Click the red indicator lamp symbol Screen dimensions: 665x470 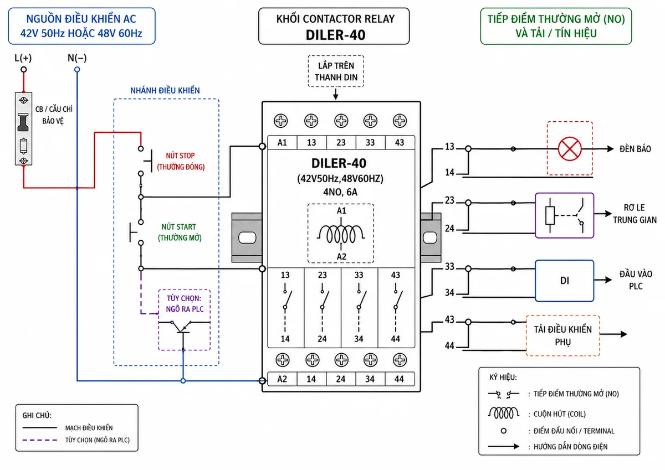pyautogui.click(x=570, y=148)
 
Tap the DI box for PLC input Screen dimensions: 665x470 pyautogui.click(x=564, y=281)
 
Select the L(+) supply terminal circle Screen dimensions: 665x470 pyautogui.click(x=24, y=69)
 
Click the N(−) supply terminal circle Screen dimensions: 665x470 pyautogui.click(x=77, y=69)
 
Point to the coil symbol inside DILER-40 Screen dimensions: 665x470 pyautogui.click(x=341, y=234)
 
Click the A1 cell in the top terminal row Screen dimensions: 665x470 pyautogui.click(x=282, y=143)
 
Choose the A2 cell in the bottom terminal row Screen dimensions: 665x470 pyautogui.click(x=282, y=379)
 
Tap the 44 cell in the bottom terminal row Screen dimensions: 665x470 pyautogui.click(x=400, y=379)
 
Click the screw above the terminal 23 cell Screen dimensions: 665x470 pyautogui.click(x=341, y=121)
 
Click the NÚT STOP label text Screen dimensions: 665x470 pyautogui.click(x=181, y=156)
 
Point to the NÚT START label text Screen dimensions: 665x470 pyautogui.click(x=178, y=227)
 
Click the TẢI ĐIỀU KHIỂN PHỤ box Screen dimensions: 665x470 pyautogui.click(x=563, y=335)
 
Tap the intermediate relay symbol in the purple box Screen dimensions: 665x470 pyautogui.click(x=564, y=215)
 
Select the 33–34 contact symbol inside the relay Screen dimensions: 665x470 pyautogui.click(x=359, y=307)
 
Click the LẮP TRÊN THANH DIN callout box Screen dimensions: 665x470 pyautogui.click(x=336, y=71)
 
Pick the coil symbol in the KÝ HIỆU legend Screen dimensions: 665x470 pyautogui.click(x=504, y=413)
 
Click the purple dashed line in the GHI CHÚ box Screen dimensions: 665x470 pyautogui.click(x=40, y=440)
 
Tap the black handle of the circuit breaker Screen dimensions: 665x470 pyautogui.click(x=23, y=122)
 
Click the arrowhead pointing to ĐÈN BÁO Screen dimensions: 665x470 pyautogui.click(x=610, y=149)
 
